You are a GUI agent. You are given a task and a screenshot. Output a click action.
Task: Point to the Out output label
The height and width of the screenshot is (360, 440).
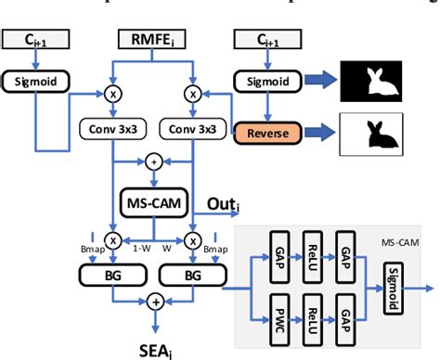pos(225,203)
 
